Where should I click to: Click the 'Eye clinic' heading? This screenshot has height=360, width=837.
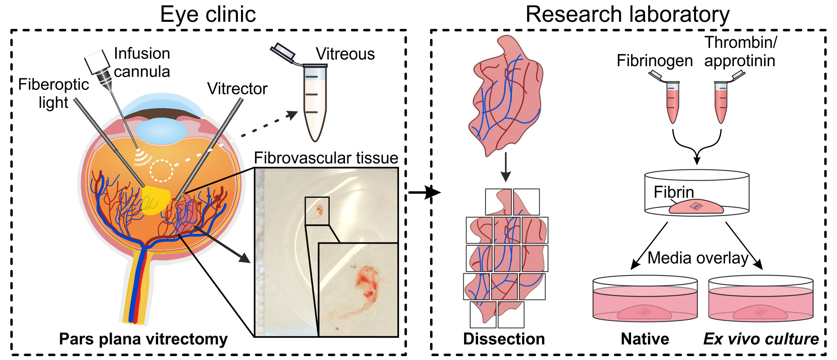pyautogui.click(x=208, y=15)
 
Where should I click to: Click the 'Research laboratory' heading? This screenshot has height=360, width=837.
pyautogui.click(x=627, y=15)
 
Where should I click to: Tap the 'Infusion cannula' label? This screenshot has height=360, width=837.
pyautogui.click(x=142, y=63)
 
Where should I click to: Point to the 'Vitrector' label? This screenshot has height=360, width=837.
pyautogui.click(x=237, y=89)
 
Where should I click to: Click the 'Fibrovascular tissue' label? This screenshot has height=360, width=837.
pyautogui.click(x=326, y=158)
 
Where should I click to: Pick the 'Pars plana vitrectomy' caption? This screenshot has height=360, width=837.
pyautogui.click(x=143, y=339)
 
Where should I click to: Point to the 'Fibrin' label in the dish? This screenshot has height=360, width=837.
pyautogui.click(x=673, y=192)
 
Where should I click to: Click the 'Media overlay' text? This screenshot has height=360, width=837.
pyautogui.click(x=698, y=258)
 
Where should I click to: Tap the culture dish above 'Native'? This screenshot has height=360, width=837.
pyautogui.click(x=645, y=300)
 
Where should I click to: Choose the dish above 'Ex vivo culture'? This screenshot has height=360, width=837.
pyautogui.click(x=761, y=300)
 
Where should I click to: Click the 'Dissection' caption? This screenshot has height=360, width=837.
pyautogui.click(x=504, y=339)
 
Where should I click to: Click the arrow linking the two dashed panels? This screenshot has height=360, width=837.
pyautogui.click(x=424, y=192)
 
